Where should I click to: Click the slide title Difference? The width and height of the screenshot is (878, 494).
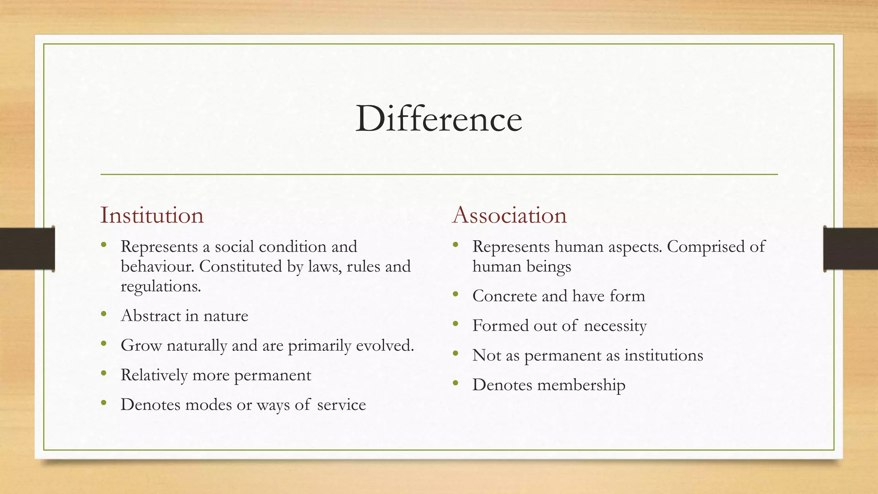coord(439,119)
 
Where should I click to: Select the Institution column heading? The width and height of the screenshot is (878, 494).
coord(152,215)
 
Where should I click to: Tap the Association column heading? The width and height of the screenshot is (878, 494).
coord(509,215)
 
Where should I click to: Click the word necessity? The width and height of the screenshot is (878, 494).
coord(615,326)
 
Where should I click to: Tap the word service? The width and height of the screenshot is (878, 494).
coord(341,405)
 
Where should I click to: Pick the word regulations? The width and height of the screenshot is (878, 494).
coord(161,286)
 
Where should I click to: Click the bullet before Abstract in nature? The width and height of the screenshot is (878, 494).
coord(103,314)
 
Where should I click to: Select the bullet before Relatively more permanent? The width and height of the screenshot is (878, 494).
coord(103,374)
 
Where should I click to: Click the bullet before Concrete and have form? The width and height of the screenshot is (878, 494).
coord(455,295)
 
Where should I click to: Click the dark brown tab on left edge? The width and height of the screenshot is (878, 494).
coord(27,249)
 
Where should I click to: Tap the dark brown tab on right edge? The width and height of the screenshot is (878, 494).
coord(851,249)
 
